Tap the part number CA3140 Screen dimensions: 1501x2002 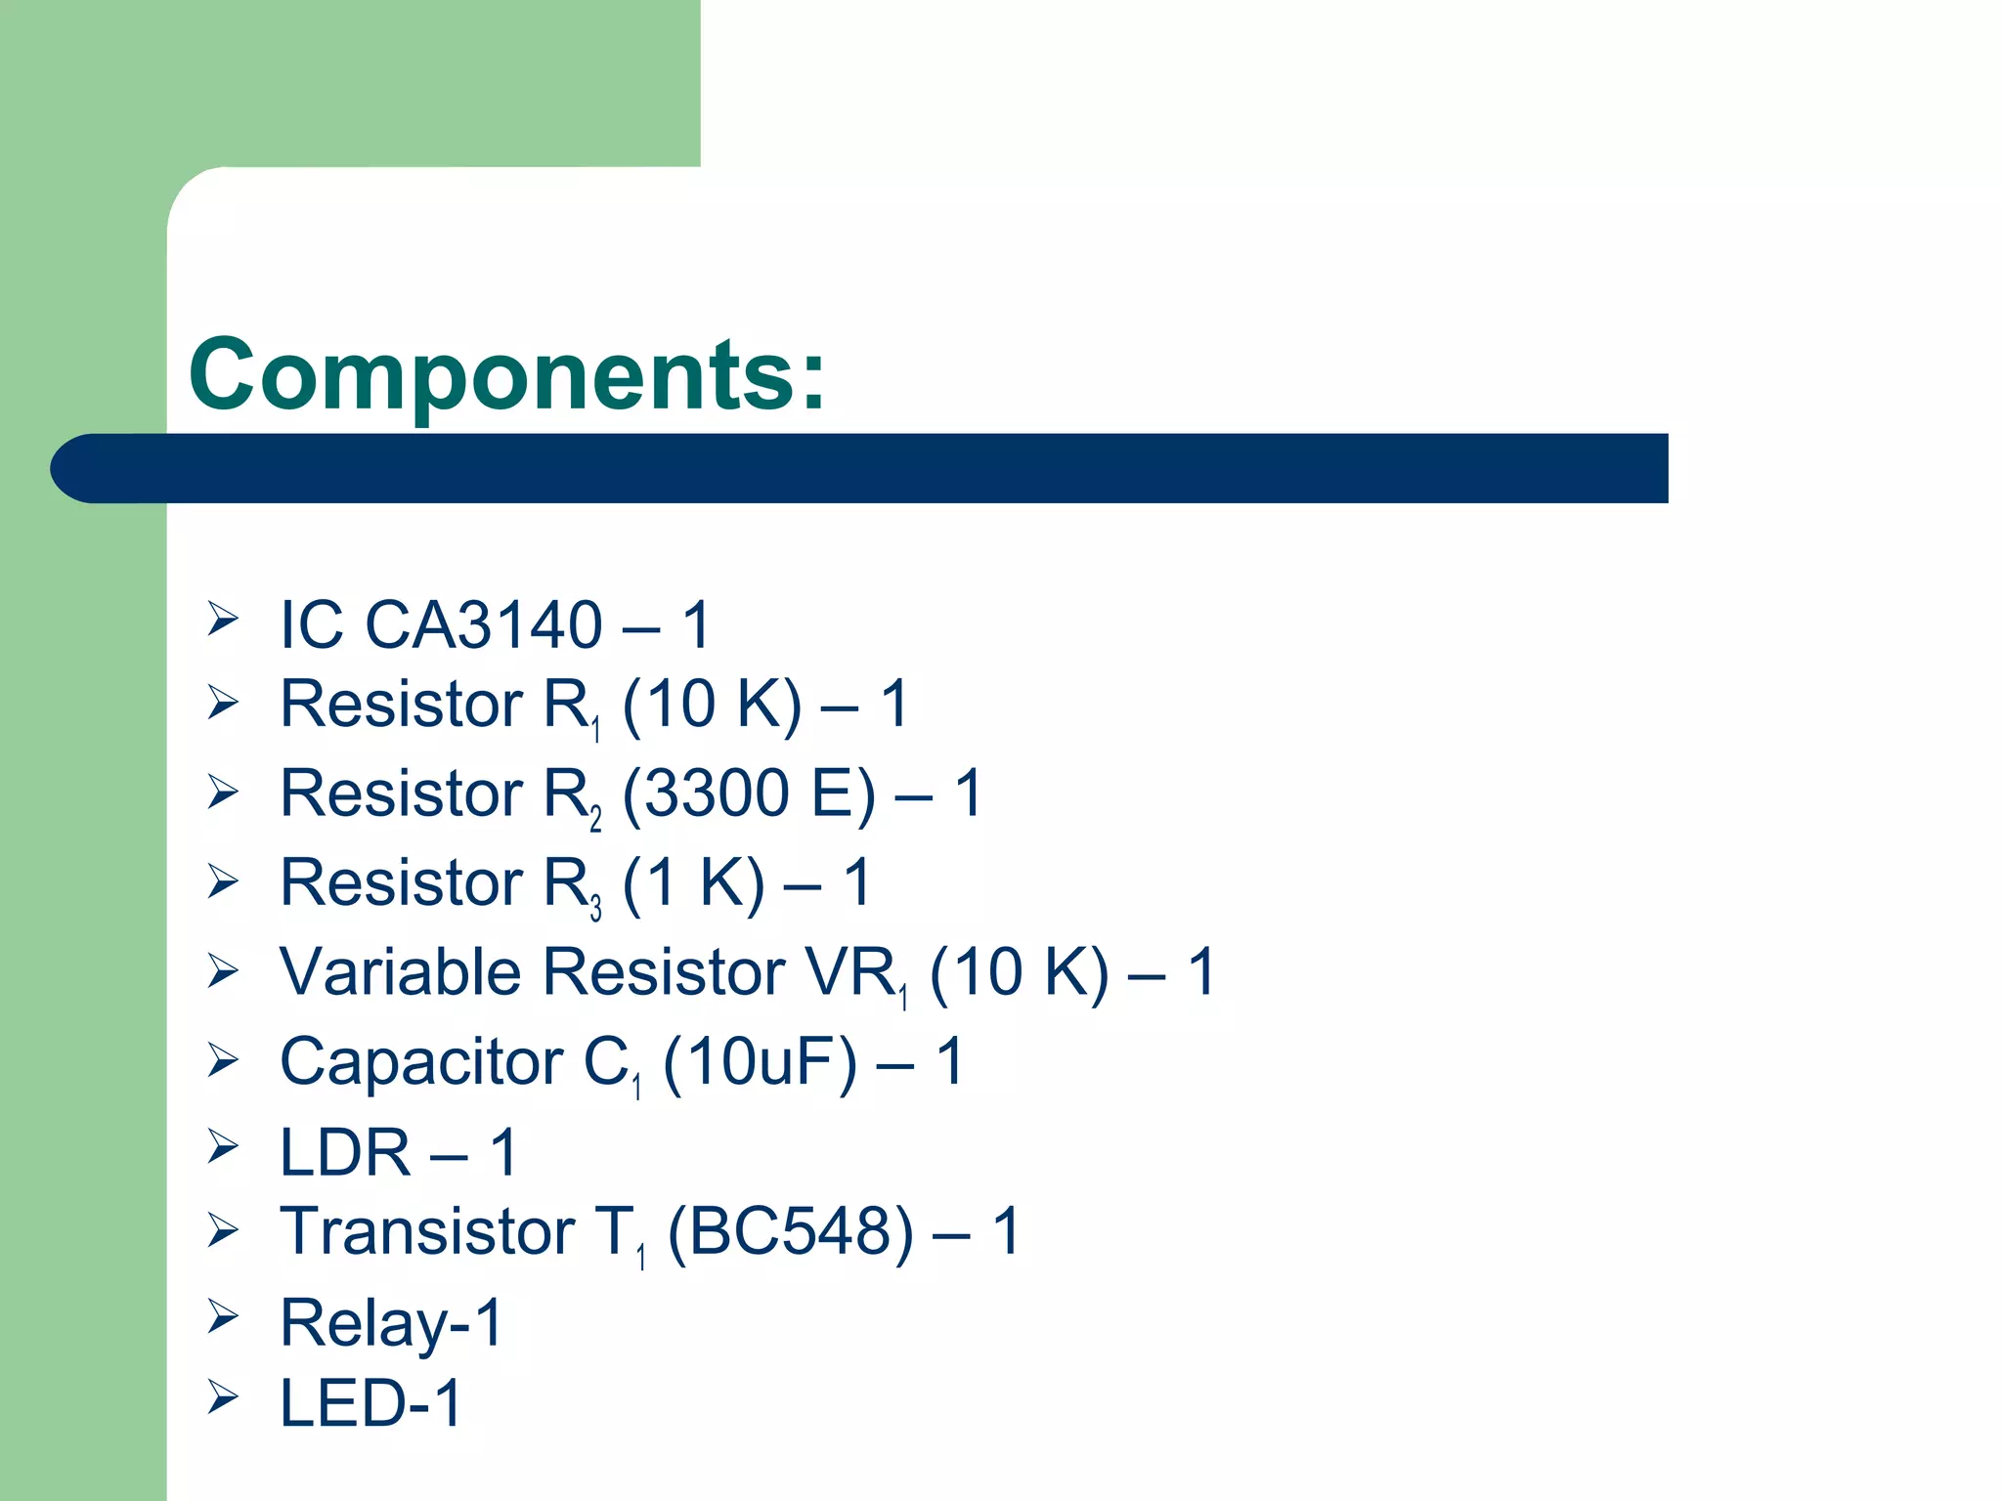pyautogui.click(x=483, y=624)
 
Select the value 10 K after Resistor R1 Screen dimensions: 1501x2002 pyautogui.click(x=712, y=704)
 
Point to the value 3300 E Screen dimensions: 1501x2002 pyautogui.click(x=749, y=793)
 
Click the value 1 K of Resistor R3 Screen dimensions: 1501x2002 pyautogui.click(x=694, y=882)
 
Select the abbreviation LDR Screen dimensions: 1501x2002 pyautogui.click(x=344, y=1152)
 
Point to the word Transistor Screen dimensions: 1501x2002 pyautogui.click(x=426, y=1231)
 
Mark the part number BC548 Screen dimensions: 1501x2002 pyautogui.click(x=790, y=1231)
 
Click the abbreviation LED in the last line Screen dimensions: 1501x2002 pyautogui.click(x=342, y=1403)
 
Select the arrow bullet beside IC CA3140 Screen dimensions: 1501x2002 pyautogui.click(x=222, y=619)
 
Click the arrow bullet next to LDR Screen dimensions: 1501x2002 pyautogui.click(x=222, y=1146)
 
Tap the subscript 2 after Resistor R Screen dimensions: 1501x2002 pyautogui.click(x=595, y=819)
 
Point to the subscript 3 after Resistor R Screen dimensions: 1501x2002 pyautogui.click(x=595, y=909)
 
